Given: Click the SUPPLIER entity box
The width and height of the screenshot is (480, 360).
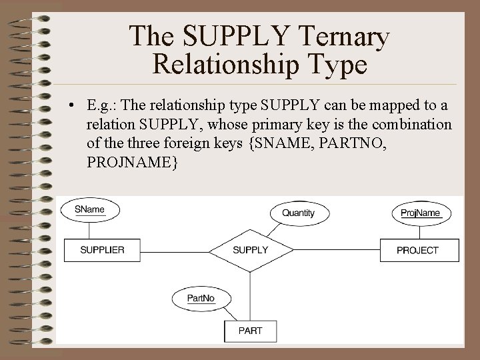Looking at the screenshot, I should [x=103, y=250].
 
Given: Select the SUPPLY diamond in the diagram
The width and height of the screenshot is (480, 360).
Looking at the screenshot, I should [x=250, y=250].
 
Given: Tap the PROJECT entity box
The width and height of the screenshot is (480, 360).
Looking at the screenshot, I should [x=418, y=250].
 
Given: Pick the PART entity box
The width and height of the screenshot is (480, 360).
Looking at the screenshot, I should [x=250, y=330].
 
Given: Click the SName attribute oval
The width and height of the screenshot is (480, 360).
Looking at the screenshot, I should [x=90, y=209].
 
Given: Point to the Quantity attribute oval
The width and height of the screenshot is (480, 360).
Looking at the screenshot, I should [x=298, y=213].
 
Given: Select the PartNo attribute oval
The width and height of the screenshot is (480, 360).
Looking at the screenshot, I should [x=201, y=298].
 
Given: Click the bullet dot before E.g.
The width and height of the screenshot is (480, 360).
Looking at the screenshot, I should [x=70, y=107].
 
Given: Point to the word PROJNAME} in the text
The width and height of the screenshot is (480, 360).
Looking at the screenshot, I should [x=132, y=163].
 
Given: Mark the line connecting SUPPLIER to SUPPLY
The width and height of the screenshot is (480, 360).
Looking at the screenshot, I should [x=177, y=250].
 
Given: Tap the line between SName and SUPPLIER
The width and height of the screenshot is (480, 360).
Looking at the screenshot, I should [x=89, y=230].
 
